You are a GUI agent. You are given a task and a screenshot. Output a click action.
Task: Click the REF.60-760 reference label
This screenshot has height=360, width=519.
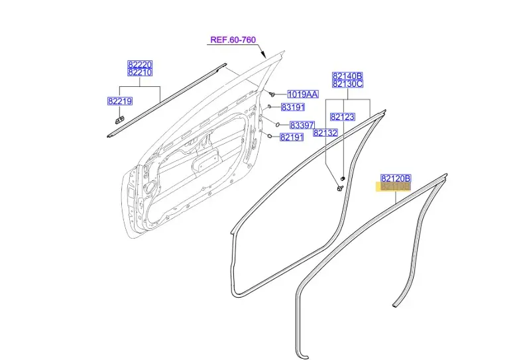tap(233, 40)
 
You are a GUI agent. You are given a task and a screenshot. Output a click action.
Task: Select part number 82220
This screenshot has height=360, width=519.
tap(140, 64)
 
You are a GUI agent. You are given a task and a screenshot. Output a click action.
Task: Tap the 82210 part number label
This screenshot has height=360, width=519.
tap(140, 72)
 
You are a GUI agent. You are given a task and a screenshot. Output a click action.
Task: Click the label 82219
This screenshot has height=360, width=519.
tap(120, 101)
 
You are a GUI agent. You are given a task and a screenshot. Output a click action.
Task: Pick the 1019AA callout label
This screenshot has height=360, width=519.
tap(302, 95)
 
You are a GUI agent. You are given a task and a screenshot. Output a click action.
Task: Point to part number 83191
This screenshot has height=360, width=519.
tap(292, 107)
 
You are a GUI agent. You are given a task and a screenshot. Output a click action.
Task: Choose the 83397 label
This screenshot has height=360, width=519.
tap(303, 125)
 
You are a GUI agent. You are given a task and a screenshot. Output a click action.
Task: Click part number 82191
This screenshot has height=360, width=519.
tap(292, 137)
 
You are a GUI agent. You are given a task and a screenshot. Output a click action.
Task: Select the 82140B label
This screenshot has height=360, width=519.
tap(347, 76)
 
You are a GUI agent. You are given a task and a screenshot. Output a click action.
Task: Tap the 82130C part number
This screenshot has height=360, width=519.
tap(347, 84)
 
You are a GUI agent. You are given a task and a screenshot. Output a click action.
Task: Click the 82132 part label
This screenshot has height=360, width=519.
tap(326, 133)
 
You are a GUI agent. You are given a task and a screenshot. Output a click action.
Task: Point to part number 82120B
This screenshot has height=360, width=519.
tap(396, 178)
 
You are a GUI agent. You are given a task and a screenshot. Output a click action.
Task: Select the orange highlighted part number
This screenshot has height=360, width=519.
tap(395, 187)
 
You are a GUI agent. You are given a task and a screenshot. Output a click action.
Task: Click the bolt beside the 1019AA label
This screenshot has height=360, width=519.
tap(272, 94)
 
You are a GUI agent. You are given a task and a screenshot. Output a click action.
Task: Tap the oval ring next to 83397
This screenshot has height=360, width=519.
tap(278, 125)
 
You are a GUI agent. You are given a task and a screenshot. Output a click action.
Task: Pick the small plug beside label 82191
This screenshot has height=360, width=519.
tap(270, 135)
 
